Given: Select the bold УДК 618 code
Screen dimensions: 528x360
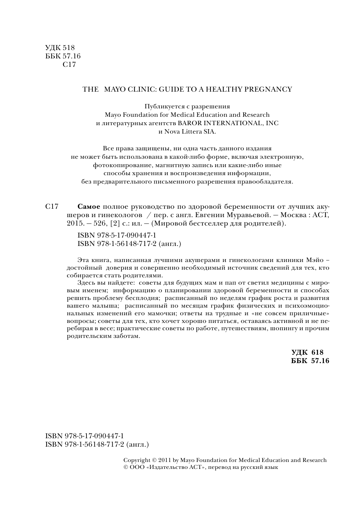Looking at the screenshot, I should coord(307,352).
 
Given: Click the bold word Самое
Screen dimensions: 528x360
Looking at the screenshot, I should coord(89,206).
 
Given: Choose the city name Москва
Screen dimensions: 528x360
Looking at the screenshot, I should coord(290,215).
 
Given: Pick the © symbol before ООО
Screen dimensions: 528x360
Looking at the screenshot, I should coord(126,467).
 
